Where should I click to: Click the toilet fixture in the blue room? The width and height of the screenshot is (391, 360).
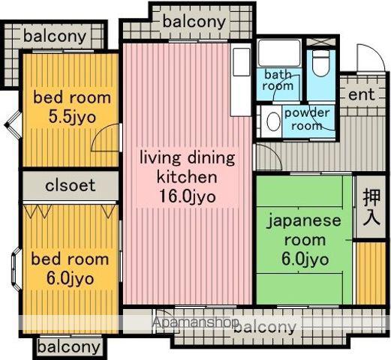point(320,63)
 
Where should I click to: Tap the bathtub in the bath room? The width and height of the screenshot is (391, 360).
point(279,53)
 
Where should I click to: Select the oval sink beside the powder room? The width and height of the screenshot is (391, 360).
point(273,121)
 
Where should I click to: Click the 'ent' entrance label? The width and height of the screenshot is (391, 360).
point(362,94)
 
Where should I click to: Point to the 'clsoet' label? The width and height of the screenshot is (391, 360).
point(71,185)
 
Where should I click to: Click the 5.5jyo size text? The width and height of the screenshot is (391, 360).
point(72,117)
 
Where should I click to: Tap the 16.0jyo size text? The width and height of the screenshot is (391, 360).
point(188,196)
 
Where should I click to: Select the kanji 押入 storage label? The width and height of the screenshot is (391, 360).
point(371,208)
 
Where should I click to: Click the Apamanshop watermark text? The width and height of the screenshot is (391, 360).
point(196,322)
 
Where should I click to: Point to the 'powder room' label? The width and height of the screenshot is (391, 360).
point(307,119)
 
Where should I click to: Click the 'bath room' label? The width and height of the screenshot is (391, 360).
point(278,80)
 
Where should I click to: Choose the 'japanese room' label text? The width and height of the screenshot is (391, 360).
point(305,230)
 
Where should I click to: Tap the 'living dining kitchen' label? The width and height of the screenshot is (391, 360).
point(188,167)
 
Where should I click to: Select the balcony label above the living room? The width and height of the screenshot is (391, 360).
point(194,22)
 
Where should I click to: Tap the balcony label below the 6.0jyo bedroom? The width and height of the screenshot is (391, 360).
point(69,347)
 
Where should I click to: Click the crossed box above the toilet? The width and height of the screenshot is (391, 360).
point(321,42)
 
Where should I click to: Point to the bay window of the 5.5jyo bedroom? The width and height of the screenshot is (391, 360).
point(14,124)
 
